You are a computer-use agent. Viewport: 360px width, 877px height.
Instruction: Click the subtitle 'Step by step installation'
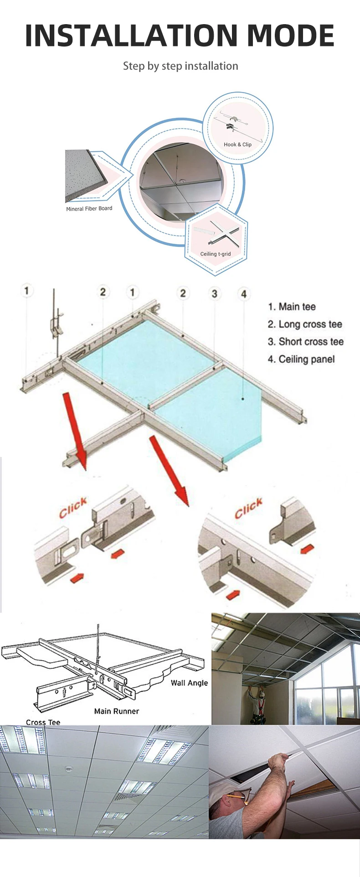pos(180,66)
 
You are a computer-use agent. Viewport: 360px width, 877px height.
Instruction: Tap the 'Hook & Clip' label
pos(237,144)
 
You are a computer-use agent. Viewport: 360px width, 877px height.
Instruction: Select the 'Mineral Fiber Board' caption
pos(89,209)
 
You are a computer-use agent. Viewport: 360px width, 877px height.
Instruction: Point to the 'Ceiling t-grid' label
pos(216,254)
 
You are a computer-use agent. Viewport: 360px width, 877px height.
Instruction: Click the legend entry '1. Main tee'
pos(292,307)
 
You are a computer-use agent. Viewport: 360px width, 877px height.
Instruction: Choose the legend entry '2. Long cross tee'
pos(305,324)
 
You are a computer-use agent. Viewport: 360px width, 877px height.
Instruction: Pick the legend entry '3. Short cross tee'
pos(306,342)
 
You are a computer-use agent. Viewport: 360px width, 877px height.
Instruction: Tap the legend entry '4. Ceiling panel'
pos(301,359)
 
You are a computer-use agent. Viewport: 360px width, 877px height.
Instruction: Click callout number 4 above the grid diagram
pos(244,294)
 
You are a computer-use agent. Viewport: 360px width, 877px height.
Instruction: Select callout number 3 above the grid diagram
pos(214,293)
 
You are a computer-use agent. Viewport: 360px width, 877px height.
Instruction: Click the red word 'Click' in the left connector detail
pos(73,508)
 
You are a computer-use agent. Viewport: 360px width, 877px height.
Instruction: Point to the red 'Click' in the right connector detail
pos(249,508)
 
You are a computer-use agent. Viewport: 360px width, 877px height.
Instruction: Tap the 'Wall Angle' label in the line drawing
pos(189,683)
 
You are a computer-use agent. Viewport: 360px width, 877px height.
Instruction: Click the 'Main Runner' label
pos(116,711)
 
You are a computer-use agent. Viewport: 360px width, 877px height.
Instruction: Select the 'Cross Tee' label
pos(43,722)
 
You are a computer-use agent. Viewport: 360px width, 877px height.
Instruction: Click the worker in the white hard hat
pos(259,703)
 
